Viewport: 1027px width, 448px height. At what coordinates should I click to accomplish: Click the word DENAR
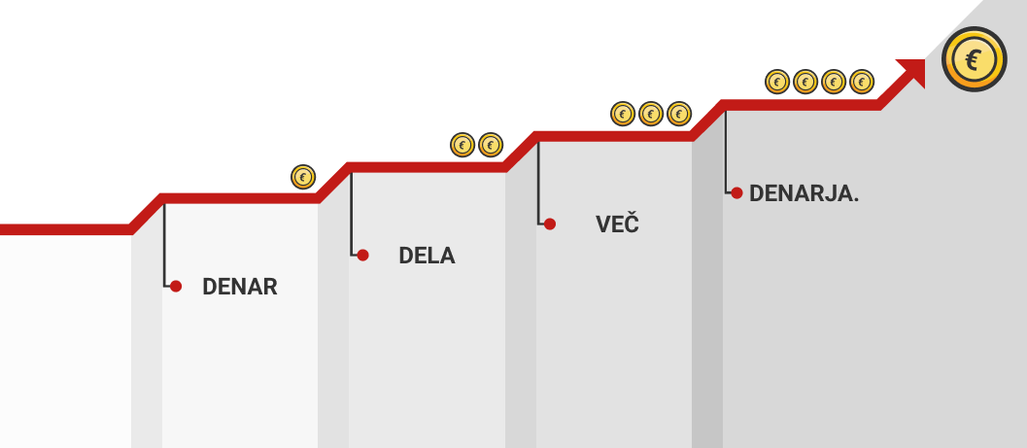239,287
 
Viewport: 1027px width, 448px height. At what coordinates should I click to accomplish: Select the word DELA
427,257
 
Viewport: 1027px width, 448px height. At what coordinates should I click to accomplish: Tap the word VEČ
618,224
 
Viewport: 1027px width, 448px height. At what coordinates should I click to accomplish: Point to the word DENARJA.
804,193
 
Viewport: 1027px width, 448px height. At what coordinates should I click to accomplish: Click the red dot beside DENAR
176,287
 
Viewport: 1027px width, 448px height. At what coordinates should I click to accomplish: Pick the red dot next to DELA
362,256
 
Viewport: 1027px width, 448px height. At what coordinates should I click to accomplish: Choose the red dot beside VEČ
549,224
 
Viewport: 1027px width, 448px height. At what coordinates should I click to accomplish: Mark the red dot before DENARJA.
736,193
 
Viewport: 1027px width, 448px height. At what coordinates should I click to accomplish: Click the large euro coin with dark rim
974,60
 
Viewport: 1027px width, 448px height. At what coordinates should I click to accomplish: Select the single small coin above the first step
303,177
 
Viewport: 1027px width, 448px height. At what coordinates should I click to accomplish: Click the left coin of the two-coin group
462,146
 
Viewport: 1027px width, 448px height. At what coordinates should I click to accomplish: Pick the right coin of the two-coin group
491,146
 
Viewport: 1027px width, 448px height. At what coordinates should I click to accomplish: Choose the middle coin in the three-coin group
651,114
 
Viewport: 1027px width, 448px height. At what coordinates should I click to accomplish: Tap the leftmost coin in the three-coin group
623,114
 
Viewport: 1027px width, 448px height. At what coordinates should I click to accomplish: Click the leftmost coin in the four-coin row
776,82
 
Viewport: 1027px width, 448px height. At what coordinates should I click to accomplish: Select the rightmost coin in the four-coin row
861,82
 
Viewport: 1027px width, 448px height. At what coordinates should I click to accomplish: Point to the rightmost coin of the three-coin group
678,114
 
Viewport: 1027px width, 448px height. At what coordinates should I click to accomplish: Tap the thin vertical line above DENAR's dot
164,243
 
